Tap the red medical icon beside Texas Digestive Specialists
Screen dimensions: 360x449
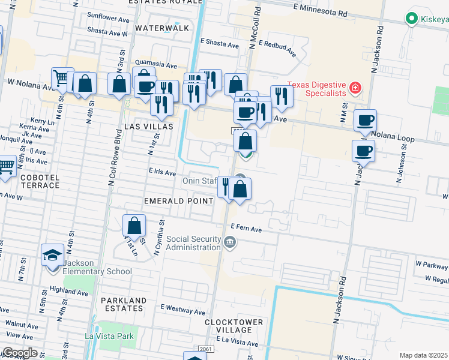click(355, 89)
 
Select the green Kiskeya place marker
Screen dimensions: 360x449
click(412, 19)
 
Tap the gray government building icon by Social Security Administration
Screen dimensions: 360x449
click(230, 242)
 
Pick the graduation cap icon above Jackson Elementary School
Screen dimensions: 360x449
click(52, 255)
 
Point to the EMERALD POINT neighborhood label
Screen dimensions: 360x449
click(179, 200)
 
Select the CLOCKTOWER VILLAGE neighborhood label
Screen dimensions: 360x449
click(234, 326)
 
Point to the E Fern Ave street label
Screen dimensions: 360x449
click(246, 229)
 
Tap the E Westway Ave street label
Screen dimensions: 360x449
click(182, 311)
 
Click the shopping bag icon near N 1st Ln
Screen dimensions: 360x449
click(134, 226)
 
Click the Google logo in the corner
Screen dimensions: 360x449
click(19, 353)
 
